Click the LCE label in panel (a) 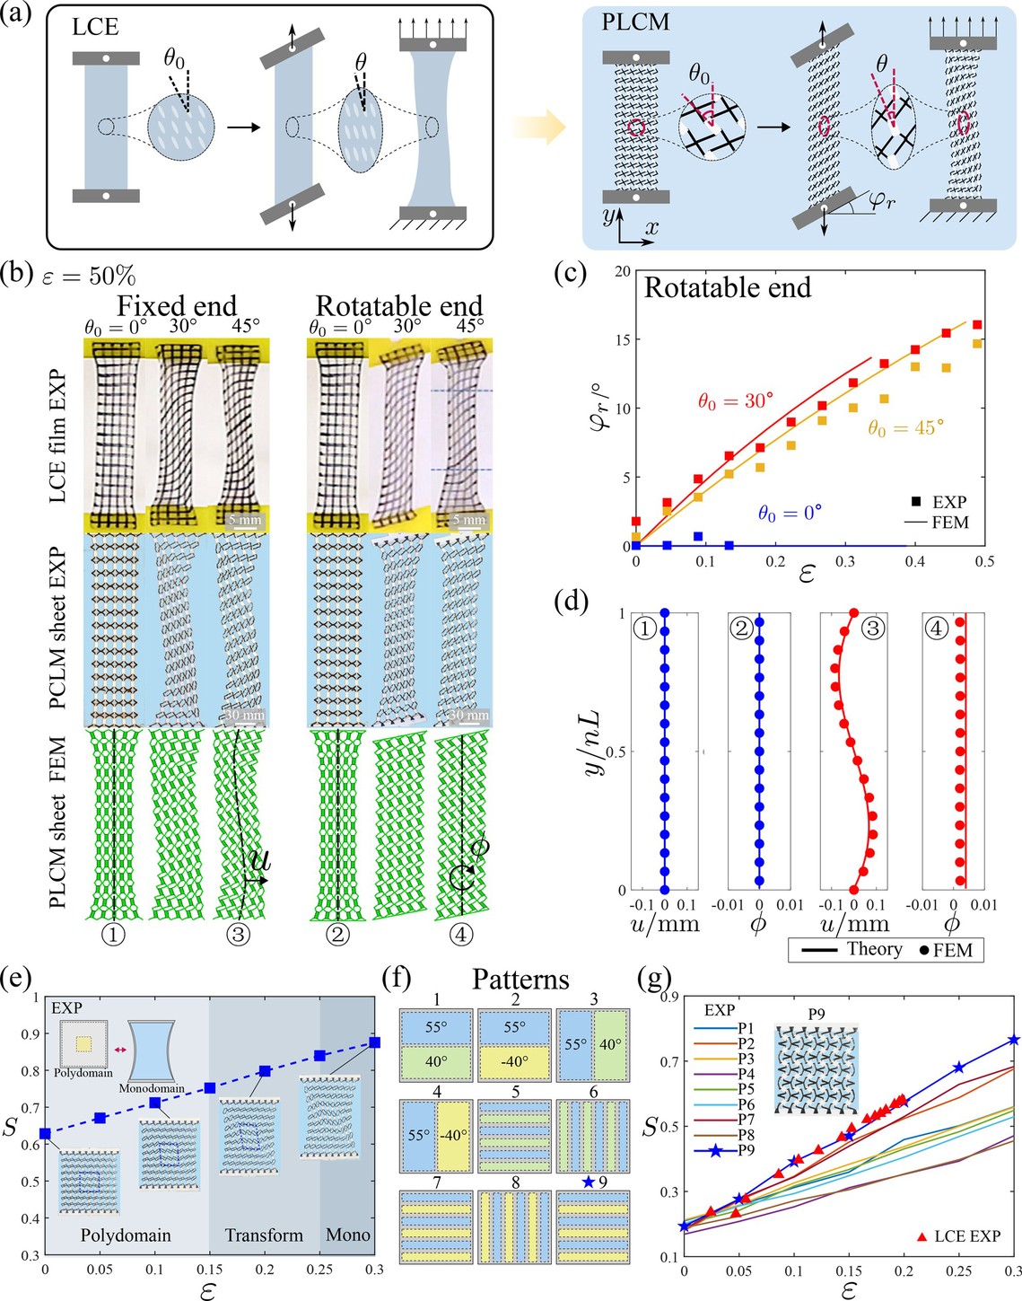[94, 27]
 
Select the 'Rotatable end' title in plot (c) [728, 287]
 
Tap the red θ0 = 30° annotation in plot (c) [736, 400]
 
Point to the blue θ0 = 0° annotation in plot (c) [790, 514]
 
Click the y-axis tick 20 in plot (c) [620, 271]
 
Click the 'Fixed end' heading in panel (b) [178, 306]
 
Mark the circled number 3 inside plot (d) [871, 629]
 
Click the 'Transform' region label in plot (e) [264, 1235]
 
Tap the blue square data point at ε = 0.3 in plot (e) [374, 1042]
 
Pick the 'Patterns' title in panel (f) [520, 979]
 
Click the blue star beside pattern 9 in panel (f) [588, 1182]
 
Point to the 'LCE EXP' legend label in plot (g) [966, 1236]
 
